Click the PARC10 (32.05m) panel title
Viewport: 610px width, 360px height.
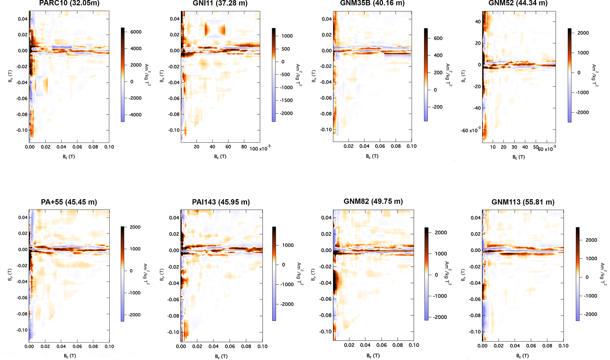69,3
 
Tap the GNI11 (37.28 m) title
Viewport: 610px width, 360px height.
220,3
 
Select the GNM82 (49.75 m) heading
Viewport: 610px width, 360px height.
373,201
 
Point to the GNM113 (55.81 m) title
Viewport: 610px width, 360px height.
523,202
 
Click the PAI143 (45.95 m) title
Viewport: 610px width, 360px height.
221,202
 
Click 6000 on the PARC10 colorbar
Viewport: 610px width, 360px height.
136,32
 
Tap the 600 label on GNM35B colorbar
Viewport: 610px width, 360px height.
438,38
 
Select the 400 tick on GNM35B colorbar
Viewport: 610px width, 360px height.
438,56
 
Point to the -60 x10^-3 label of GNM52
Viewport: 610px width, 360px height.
470,130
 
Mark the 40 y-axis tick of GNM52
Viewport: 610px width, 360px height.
478,22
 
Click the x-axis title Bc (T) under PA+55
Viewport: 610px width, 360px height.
70,356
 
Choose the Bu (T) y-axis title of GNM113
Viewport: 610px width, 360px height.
463,275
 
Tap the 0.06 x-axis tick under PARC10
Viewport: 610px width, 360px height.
77,147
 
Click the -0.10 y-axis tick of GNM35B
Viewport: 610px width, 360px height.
326,130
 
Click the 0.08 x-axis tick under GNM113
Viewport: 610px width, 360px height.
547,346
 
